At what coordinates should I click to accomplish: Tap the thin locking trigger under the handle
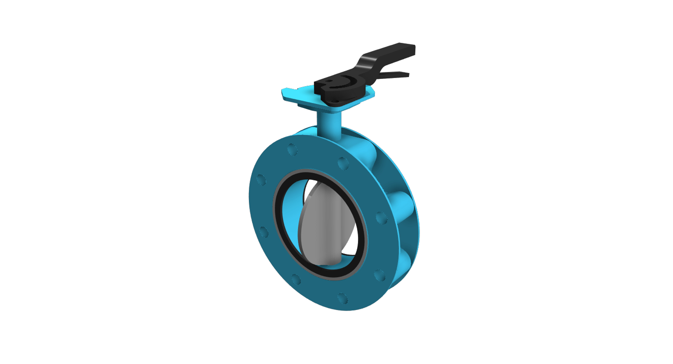[x=396, y=75]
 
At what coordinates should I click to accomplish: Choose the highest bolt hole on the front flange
[x=292, y=150]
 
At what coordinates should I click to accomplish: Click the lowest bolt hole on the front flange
[x=342, y=298]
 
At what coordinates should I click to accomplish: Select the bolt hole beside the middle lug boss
[x=381, y=218]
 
